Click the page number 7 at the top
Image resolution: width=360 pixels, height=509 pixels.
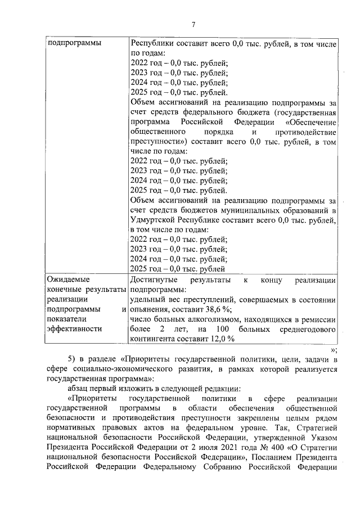pyautogui.click(x=193, y=24)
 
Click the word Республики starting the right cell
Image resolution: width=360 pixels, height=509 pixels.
pyautogui.click(x=151, y=43)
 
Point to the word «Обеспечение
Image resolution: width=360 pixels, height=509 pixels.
pyautogui.click(x=311, y=122)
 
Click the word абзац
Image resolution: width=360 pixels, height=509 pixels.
pyautogui.click(x=78, y=388)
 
